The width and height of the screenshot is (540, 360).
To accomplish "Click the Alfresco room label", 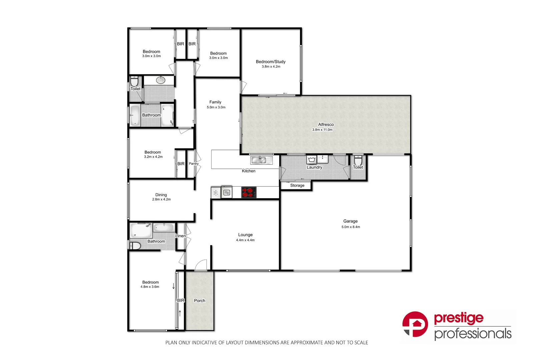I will pos(326,125).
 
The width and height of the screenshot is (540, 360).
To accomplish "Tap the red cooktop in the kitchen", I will pos(248,193).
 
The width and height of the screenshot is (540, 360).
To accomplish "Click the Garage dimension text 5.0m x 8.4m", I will pos(351,227).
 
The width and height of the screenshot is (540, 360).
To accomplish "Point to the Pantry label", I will pos(193,164).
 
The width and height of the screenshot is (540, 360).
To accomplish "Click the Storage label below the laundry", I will pos(297,186).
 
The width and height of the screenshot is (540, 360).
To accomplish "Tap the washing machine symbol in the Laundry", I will pos(312,159).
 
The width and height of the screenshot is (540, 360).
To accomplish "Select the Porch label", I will pos(199,301).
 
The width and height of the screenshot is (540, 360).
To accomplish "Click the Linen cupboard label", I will pos(180,236).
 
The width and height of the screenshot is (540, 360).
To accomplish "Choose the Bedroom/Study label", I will pos(271,62).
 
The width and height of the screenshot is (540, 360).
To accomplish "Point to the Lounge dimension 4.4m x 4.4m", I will pos(245,240).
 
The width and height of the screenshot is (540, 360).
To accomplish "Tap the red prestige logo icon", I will pos(415,324).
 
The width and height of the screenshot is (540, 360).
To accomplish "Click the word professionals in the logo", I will pos(473,334).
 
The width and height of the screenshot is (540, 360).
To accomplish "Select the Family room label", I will pos(215,102).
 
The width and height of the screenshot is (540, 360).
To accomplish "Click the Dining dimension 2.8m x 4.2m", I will pos(161,200).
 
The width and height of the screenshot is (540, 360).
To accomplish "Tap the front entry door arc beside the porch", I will pos(200,265).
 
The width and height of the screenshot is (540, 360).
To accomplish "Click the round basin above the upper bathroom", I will pos(161,80).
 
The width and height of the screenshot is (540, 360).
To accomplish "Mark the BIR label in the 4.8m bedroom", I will pos(180,301).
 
